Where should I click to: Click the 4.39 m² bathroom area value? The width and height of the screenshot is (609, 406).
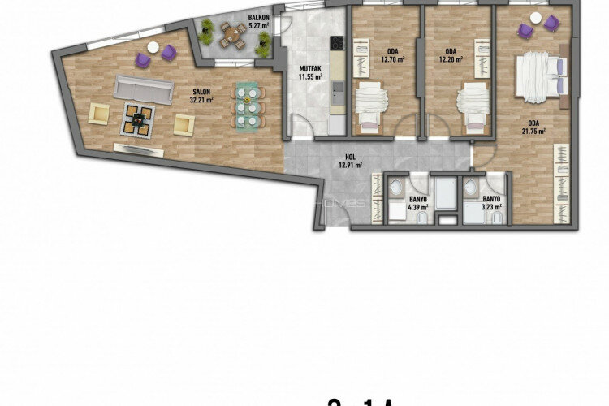coord(419,207)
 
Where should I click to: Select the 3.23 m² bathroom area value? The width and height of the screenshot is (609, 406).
coord(491,207)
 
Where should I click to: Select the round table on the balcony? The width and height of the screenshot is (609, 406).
coord(235,33)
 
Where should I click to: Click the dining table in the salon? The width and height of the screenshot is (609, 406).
coord(248,106)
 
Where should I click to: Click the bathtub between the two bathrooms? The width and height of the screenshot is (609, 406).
coord(445,195)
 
